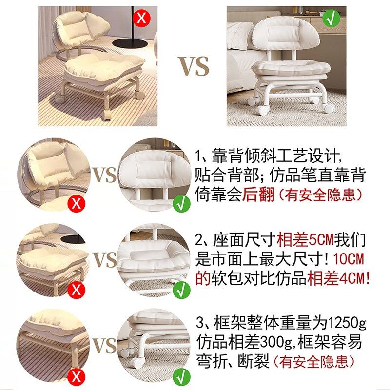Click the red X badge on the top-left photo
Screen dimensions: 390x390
coord(142,19)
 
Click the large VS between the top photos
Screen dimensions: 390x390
coord(193,66)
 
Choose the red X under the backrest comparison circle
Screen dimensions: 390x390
coord(76,203)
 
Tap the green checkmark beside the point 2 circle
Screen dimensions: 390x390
coord(181,290)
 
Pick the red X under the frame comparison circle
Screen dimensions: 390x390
coord(76,376)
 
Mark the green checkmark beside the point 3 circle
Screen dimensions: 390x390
coord(181,376)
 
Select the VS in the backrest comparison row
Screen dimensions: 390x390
coord(104,175)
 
